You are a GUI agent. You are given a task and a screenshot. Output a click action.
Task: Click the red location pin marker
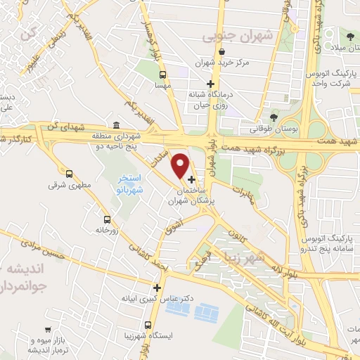[x=180, y=165]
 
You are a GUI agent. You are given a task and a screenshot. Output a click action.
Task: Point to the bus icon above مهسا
[x=163, y=75]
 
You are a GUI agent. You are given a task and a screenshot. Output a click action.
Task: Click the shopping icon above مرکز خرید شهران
[x=222, y=52]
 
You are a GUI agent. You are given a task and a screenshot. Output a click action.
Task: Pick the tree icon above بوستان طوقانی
[x=274, y=117]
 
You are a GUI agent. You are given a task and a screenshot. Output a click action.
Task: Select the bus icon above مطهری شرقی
[x=69, y=173]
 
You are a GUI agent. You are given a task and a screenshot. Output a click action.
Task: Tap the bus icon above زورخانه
[x=107, y=219]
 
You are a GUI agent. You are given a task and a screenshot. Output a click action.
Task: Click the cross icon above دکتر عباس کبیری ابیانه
[x=157, y=288]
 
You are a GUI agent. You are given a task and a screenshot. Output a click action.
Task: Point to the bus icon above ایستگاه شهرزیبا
[x=148, y=325]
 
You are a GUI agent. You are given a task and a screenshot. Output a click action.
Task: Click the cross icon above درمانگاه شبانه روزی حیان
[x=208, y=84]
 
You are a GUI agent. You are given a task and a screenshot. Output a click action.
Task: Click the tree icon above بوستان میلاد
[x=349, y=37]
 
